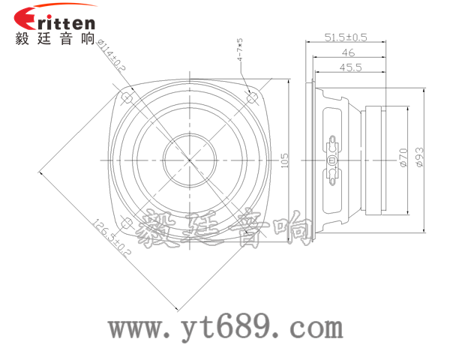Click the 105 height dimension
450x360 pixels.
tap(283, 160)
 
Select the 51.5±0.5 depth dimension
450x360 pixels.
tap(346, 37)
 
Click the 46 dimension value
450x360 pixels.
tap(348, 52)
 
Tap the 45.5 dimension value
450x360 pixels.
tap(349, 67)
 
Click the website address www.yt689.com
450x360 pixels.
tap(225, 327)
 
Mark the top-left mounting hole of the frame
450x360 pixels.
tap(127, 97)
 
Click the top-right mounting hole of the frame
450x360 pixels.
tap(253, 97)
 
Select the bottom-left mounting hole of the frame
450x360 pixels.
tap(127, 223)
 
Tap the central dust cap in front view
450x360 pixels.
tap(190, 160)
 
